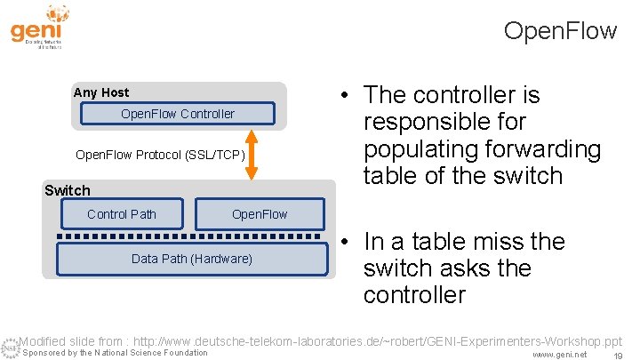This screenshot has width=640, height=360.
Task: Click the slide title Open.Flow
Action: click(x=559, y=31)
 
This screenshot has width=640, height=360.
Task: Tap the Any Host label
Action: click(x=100, y=92)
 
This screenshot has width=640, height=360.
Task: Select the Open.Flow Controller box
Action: click(x=177, y=114)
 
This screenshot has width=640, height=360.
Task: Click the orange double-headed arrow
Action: click(x=252, y=155)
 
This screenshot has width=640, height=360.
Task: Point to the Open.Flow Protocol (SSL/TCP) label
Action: click(x=159, y=155)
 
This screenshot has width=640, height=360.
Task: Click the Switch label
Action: click(x=68, y=190)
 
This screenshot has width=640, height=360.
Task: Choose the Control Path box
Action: click(x=122, y=213)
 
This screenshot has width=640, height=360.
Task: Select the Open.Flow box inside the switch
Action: click(x=260, y=213)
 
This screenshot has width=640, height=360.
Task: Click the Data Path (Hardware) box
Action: click(x=191, y=259)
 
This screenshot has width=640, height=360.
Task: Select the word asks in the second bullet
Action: click(x=464, y=268)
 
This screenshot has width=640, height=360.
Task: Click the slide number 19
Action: click(x=617, y=354)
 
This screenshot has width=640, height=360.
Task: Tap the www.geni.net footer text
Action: click(x=559, y=354)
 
